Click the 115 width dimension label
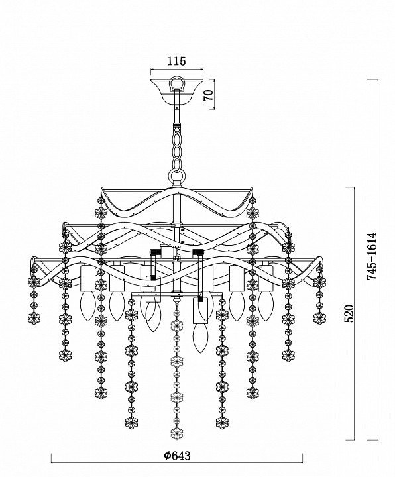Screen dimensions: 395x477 point(176,61)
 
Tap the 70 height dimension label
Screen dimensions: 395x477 point(209,96)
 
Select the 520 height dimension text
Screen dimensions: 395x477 point(349,313)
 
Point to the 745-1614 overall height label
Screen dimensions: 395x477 point(372,256)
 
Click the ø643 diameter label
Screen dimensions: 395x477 point(177,456)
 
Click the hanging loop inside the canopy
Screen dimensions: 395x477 point(177,83)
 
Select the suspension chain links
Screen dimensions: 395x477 point(177,147)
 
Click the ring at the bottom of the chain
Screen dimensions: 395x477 point(177,178)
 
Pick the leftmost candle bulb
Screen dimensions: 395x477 point(87,306)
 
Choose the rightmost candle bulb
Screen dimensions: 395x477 point(266,306)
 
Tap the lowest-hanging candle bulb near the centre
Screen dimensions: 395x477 point(201,338)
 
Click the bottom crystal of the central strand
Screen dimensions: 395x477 point(176,433)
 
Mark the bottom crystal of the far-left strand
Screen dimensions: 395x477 point(34,318)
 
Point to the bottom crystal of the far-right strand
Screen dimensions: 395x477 point(319,318)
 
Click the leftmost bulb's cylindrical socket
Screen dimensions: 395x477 point(87,278)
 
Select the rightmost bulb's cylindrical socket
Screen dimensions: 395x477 point(266,278)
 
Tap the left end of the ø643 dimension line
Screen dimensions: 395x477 point(51,462)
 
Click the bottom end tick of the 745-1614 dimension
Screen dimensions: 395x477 point(372,440)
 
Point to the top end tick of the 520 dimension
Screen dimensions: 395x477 point(350,187)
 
